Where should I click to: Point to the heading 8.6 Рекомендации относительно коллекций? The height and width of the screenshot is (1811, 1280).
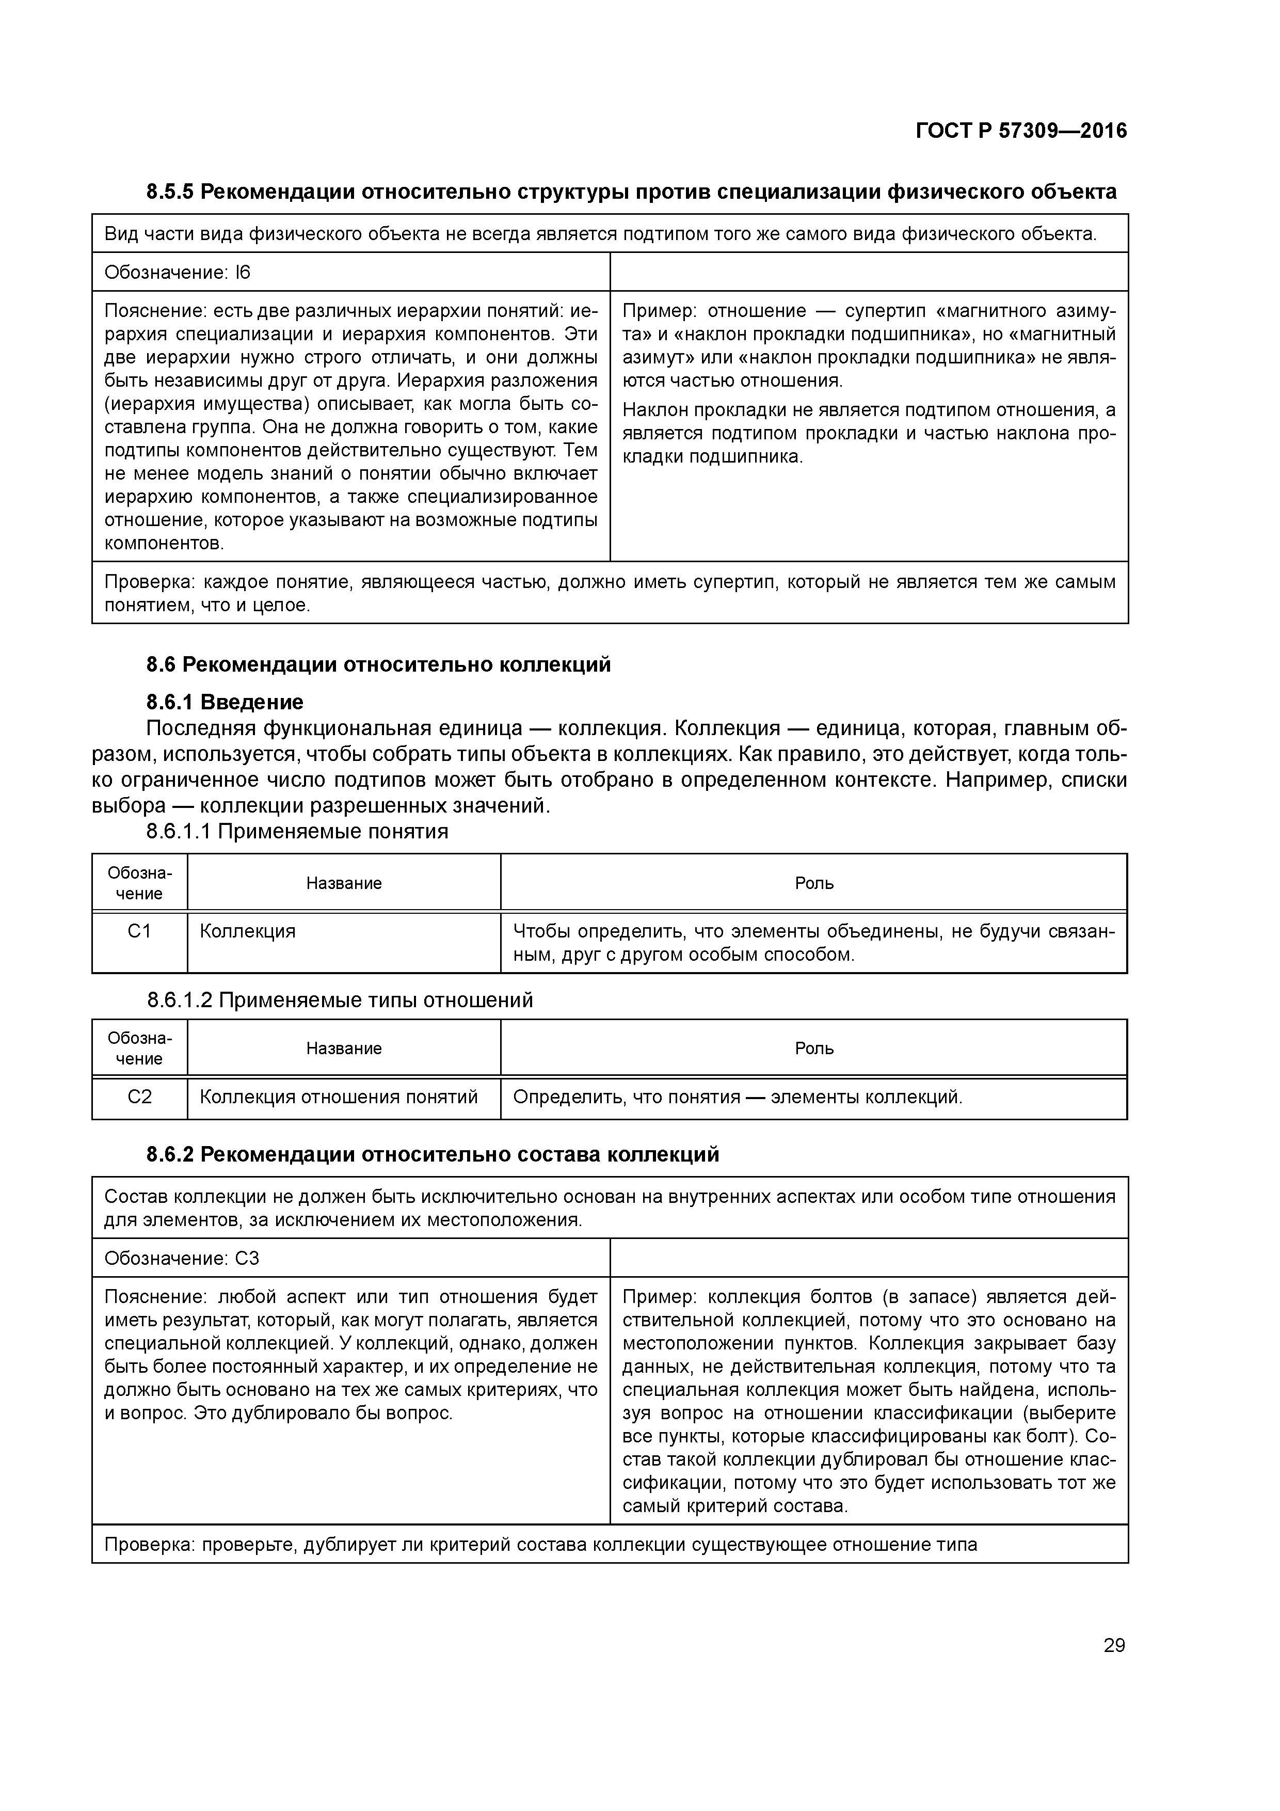click(x=378, y=664)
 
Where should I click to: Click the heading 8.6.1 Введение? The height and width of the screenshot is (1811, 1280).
click(x=225, y=701)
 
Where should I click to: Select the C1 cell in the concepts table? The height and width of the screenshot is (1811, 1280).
click(x=139, y=931)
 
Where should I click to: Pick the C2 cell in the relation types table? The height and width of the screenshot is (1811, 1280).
click(x=139, y=1097)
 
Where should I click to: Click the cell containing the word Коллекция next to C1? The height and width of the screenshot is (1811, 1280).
click(x=248, y=931)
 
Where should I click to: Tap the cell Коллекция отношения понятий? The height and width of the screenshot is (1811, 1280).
click(x=339, y=1097)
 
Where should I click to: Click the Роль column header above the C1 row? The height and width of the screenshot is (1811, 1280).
click(x=814, y=883)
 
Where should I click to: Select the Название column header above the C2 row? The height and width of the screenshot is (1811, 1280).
click(x=344, y=1049)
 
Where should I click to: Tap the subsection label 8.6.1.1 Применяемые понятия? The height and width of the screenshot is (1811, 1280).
click(x=297, y=831)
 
